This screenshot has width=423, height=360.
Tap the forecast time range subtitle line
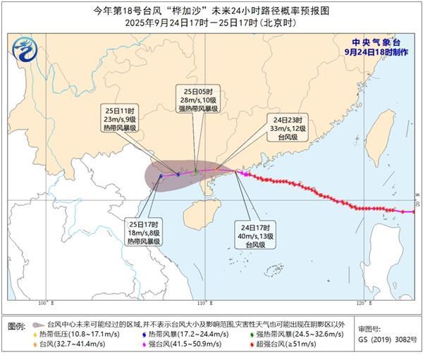(211, 23)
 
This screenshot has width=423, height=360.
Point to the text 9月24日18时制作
(378, 51)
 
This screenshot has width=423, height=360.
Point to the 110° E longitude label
(204, 304)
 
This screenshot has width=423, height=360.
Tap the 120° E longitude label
(364, 304)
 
